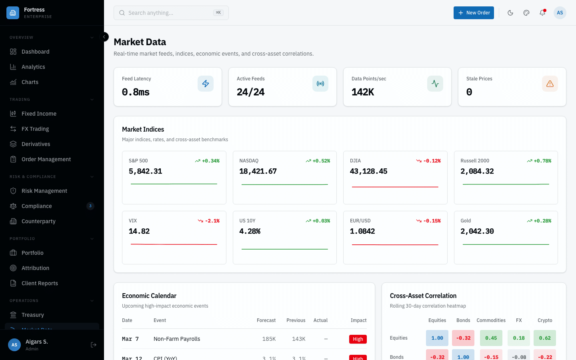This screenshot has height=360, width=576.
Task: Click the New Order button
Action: (474, 13)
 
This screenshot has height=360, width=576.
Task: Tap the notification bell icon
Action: (542, 13)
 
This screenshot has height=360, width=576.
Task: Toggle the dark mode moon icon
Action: (510, 13)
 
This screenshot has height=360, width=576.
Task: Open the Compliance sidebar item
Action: (37, 206)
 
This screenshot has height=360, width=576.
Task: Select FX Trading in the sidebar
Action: (35, 129)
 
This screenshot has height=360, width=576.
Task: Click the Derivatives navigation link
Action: (36, 144)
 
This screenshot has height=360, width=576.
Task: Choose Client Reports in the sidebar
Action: (40, 283)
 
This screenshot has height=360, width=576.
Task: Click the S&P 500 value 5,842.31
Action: (146, 171)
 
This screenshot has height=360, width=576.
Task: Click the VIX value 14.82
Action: (139, 231)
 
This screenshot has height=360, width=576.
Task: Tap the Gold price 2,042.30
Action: (477, 231)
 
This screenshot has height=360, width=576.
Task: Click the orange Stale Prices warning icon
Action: (550, 84)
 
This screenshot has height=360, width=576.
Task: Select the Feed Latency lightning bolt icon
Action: (206, 84)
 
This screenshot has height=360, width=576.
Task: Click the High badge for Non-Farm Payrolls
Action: (358, 339)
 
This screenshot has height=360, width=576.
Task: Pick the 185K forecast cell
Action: (269, 339)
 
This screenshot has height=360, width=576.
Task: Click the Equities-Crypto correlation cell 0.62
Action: (545, 338)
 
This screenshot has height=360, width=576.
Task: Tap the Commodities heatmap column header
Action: (491, 320)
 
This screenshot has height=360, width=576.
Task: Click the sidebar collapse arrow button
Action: (104, 37)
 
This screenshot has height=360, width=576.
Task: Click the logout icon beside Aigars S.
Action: (94, 345)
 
